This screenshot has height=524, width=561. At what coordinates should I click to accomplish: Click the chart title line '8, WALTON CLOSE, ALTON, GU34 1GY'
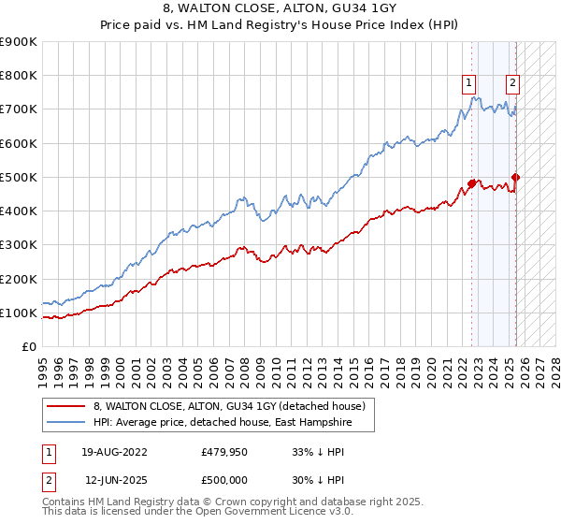point(280,10)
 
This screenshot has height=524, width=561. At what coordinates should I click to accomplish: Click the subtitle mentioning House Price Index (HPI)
point(280,26)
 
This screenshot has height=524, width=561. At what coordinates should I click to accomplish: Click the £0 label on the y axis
point(28,346)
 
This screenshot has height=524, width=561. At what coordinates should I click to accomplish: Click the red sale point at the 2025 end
point(516,177)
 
